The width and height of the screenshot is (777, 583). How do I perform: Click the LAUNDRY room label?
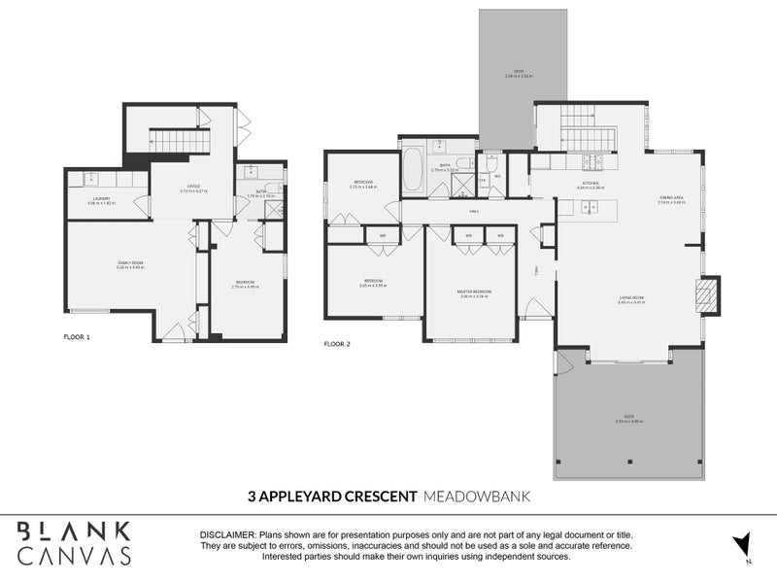101,199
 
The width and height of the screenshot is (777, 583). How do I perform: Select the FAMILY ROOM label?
130,264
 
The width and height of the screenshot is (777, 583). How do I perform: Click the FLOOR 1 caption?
76,337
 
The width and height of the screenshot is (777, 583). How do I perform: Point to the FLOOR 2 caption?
336,344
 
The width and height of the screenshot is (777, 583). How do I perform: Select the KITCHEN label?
592,186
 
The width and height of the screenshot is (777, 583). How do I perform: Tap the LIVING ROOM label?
631,300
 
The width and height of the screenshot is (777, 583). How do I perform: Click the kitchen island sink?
588,206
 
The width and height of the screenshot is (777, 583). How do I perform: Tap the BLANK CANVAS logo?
74,542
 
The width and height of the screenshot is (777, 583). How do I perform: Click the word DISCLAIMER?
226,535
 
